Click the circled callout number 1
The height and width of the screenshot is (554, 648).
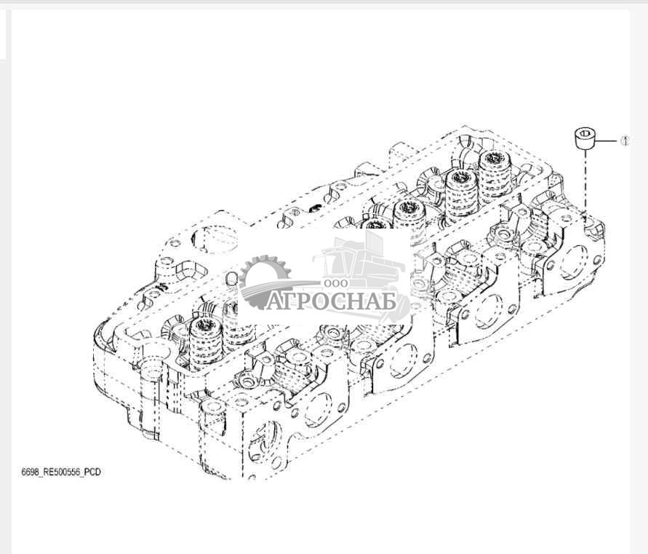click(625, 141)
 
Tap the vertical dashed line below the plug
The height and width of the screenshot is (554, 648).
click(585, 182)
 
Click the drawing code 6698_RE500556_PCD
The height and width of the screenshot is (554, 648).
click(61, 472)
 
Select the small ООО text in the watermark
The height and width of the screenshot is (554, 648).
click(336, 283)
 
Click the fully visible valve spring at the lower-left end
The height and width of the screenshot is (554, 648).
click(206, 344)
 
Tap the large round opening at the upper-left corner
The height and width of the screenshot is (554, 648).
click(215, 239)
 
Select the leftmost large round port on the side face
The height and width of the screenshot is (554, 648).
click(317, 410)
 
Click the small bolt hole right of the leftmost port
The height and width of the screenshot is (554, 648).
click(341, 408)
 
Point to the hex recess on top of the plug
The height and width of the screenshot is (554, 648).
click(585, 133)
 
